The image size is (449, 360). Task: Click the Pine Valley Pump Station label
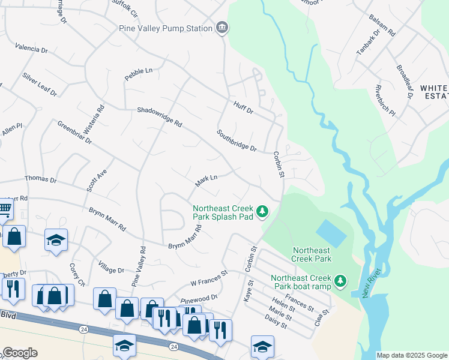click(x=175, y=28)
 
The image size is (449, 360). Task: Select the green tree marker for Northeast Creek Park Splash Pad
click(x=262, y=211)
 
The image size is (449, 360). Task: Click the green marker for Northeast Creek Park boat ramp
click(x=340, y=281)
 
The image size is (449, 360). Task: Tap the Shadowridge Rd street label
click(x=159, y=117)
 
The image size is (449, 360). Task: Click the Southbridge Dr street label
click(x=237, y=141)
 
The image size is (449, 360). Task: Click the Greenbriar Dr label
click(x=74, y=133)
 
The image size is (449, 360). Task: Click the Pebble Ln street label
click(x=139, y=74)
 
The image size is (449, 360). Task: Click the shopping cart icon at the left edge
click(x=5, y=208)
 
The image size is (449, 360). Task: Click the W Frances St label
click(x=209, y=278)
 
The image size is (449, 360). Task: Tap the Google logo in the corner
click(x=19, y=353)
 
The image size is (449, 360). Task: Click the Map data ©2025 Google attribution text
click(x=412, y=355)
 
